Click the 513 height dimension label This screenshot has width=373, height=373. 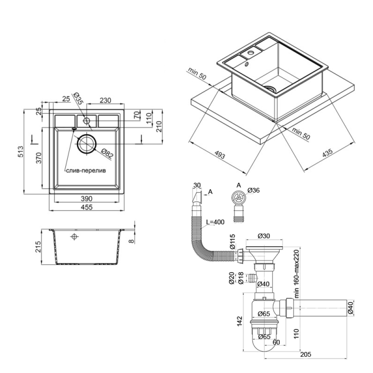point(21,151)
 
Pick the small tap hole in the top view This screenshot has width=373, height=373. point(87,120)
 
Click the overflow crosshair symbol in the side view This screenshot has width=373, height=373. point(74,236)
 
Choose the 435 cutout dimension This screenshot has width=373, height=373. point(327,154)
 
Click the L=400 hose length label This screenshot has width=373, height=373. point(215,222)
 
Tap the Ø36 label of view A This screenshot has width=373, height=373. point(254,191)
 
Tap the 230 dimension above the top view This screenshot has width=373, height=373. point(106,100)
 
